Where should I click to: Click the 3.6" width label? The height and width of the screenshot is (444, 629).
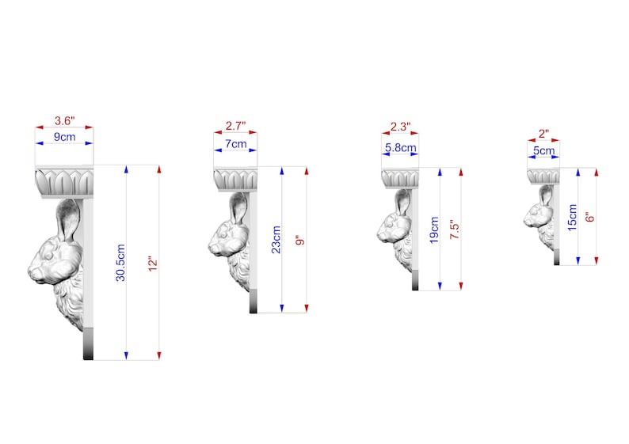[65, 120]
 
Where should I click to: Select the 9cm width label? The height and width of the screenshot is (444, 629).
[65, 137]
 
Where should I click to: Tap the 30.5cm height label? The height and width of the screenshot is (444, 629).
[120, 263]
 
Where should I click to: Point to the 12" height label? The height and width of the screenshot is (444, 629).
[153, 264]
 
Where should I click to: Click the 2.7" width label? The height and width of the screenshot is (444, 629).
[235, 126]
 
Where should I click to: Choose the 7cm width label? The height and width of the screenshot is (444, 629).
[236, 143]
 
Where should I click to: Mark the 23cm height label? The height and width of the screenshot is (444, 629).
[276, 240]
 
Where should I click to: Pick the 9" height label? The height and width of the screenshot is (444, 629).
[300, 241]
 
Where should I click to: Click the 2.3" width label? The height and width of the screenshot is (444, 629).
[400, 127]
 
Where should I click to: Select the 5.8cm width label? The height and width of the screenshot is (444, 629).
[400, 148]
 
